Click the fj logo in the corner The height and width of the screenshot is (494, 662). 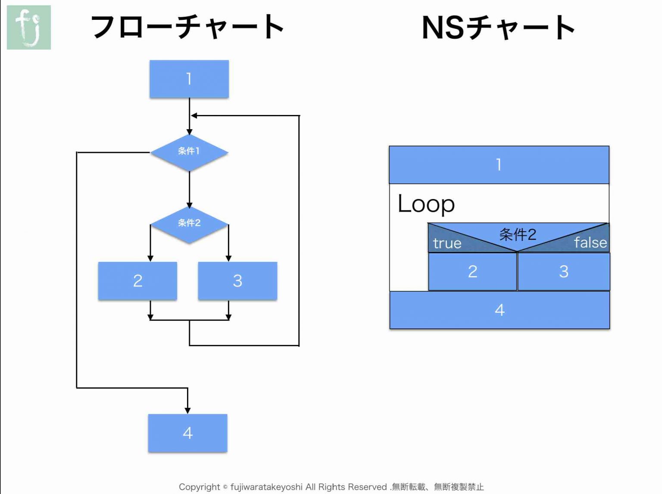pos(29,27)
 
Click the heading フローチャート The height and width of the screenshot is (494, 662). pos(187,27)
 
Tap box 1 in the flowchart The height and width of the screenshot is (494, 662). pos(189,79)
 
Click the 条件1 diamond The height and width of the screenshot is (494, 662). pos(189,152)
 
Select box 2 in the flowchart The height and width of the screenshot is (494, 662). pos(137,281)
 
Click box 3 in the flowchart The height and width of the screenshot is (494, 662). pos(237,281)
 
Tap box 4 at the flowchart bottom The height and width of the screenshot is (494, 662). pos(187,433)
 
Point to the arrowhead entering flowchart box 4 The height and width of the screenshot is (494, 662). pos(187,410)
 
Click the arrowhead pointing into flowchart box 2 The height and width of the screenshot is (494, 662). pos(150,258)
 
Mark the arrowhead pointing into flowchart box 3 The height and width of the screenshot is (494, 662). pos(228,258)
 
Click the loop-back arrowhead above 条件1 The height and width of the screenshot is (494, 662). pos(194,115)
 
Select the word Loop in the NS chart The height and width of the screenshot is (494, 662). pos(426,204)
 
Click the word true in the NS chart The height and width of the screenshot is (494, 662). pos(447,243)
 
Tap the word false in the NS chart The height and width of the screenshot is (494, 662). pos(590,242)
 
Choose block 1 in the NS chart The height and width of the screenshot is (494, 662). pos(499,165)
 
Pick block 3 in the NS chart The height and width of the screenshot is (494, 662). pos(563,271)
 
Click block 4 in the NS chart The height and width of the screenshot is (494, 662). pos(500,310)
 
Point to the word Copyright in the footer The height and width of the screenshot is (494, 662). pos(199,487)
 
